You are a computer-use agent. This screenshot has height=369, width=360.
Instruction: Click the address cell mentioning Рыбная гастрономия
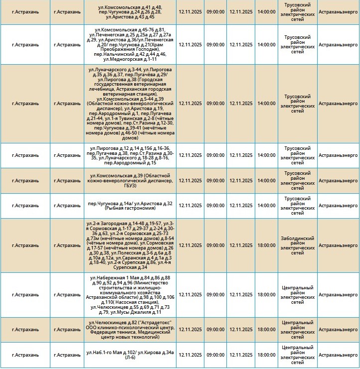(130, 206)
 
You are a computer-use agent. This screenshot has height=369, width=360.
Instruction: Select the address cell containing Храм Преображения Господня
(130, 44)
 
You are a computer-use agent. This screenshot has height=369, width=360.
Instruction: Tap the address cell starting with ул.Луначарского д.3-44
(130, 104)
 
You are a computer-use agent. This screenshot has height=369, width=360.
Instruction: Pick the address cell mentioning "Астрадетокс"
(130, 330)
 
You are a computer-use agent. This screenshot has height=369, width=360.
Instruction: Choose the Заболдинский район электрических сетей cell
(297, 246)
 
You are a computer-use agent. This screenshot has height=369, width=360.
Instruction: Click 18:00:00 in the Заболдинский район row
(266, 246)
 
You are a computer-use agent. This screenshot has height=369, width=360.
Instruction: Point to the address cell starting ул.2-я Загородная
(130, 246)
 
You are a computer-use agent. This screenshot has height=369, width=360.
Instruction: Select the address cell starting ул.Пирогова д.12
(130, 155)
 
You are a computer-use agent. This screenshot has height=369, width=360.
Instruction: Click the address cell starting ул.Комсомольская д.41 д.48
(130, 11)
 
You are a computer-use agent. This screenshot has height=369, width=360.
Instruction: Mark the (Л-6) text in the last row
(130, 358)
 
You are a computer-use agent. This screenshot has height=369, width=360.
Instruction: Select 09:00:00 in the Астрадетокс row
(215, 330)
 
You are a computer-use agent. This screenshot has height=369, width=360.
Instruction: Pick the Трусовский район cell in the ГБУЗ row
(297, 181)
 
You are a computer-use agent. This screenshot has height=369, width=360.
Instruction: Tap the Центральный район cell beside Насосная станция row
(297, 295)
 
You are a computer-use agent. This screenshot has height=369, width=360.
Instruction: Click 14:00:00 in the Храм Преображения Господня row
(266, 44)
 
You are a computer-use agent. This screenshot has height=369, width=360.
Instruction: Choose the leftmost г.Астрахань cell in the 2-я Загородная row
(25, 246)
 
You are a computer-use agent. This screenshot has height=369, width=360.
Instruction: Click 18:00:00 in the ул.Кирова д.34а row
(266, 355)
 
